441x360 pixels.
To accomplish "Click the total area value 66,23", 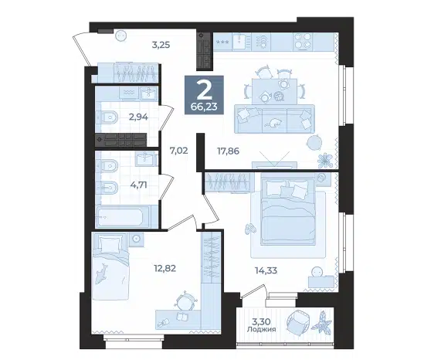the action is (x=204, y=107).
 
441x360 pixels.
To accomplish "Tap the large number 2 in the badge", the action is (x=204, y=89).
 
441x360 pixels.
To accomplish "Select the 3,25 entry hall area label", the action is (x=161, y=45).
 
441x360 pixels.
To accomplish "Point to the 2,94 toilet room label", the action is (x=138, y=117).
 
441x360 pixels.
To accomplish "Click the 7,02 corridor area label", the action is (x=178, y=151).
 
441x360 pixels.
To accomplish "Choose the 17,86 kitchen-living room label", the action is (x=228, y=151).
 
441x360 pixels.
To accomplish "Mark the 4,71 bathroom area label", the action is (x=138, y=185).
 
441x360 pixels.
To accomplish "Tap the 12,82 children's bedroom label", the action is (x=165, y=268).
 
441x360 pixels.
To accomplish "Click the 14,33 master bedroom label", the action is (x=266, y=270).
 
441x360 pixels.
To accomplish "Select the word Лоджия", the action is (x=261, y=329).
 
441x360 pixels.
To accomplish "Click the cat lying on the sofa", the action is (x=273, y=123).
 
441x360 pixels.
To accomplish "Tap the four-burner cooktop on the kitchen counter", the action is (x=303, y=41).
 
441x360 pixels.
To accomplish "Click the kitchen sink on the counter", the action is (x=239, y=42).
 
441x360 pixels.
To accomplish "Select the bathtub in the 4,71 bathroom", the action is (x=124, y=217).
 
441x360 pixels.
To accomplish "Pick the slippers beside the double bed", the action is (x=249, y=229).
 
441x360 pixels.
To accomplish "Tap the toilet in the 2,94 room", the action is (x=107, y=117).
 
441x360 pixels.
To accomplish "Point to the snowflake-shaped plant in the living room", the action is (x=325, y=161).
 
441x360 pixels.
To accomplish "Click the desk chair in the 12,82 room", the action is (x=185, y=301).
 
